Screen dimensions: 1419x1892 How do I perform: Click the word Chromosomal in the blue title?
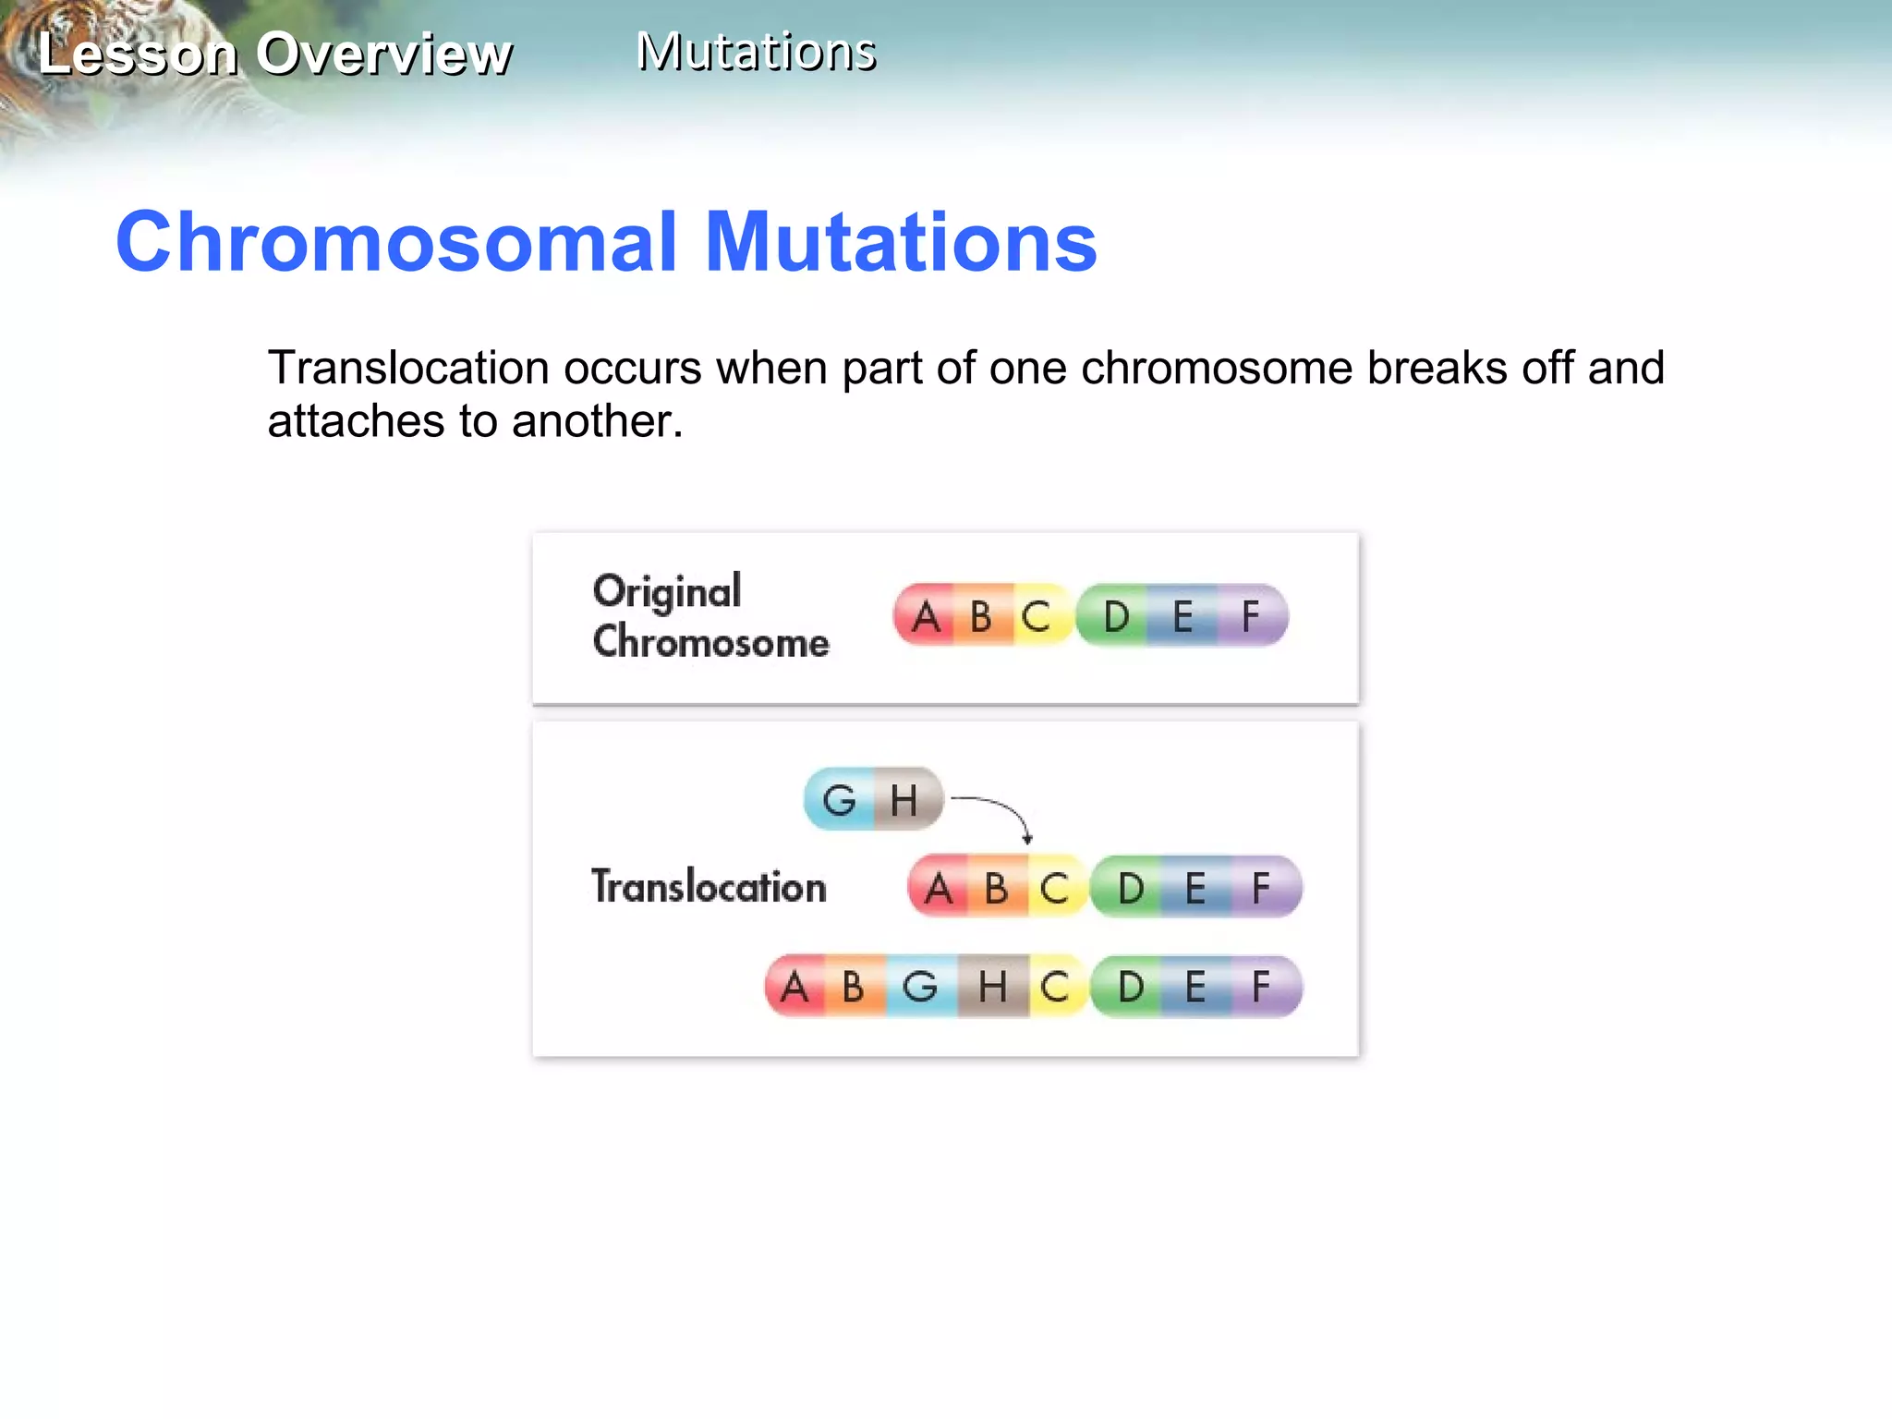(397, 242)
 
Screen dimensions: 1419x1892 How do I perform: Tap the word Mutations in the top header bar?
(756, 52)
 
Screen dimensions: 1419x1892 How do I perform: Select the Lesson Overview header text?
(275, 54)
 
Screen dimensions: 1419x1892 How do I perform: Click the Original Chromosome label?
(709, 616)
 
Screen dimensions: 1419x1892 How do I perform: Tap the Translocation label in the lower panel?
(709, 887)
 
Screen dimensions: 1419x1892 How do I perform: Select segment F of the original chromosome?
(1252, 616)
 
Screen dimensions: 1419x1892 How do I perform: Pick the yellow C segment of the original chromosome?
(1037, 616)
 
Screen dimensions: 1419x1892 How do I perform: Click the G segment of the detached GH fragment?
(839, 799)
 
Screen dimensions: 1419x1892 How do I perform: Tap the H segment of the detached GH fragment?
(904, 799)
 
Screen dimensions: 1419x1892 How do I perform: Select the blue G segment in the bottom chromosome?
(920, 987)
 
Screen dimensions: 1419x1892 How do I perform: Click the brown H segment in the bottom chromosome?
(992, 987)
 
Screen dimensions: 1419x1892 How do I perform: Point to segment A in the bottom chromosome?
(794, 987)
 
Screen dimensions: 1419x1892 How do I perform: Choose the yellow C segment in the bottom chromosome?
(1055, 987)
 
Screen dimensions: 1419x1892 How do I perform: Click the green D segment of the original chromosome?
(1116, 616)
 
